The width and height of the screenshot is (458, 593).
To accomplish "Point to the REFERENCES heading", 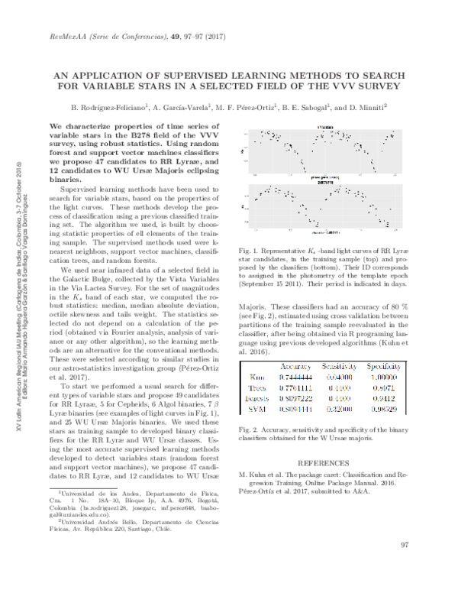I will pyautogui.click(x=323, y=463).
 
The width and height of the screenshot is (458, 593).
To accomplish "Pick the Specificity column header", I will pyautogui.click(x=384, y=365).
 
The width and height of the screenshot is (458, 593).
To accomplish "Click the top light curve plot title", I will pyautogui.click(x=324, y=127).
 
